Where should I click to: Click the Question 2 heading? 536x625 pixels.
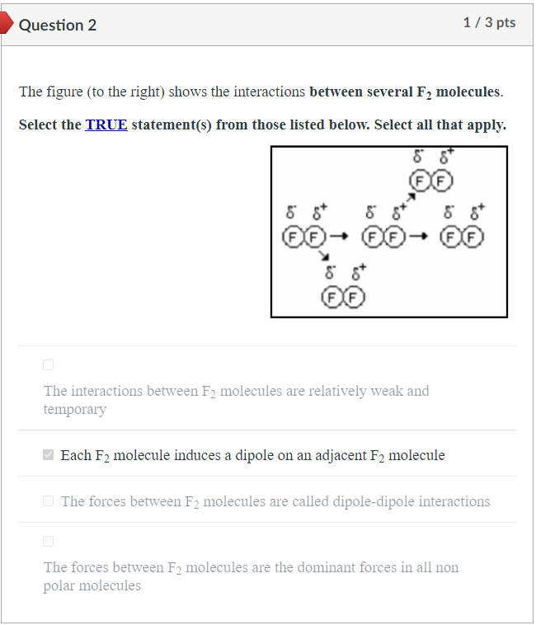pos(58,25)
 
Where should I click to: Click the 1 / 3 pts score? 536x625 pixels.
pos(489,23)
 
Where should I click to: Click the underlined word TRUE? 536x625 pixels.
pos(106,125)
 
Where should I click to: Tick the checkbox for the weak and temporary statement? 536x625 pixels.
pos(48,364)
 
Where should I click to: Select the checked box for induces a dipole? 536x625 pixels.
pos(49,455)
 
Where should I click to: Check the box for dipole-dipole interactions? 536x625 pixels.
pos(49,501)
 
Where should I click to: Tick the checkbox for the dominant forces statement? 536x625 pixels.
pos(48,541)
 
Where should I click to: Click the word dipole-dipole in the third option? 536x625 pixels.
pos(374,501)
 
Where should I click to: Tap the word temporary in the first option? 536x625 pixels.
pos(75,409)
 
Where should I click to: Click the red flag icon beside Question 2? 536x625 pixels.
pos(7,25)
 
